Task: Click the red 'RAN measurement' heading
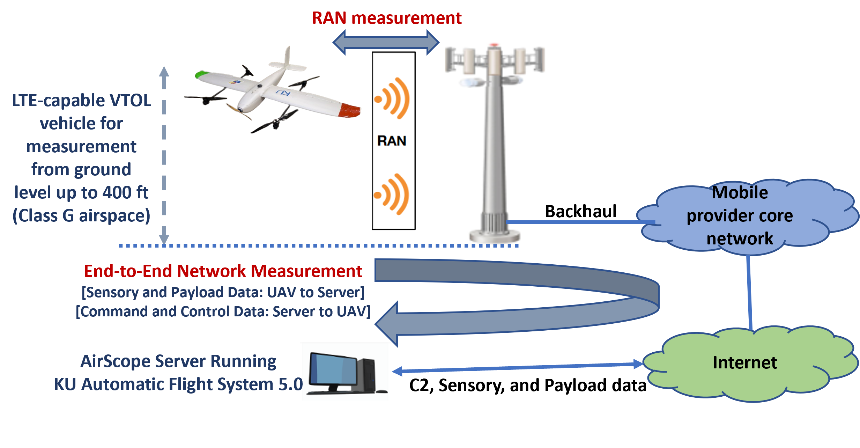pos(386,18)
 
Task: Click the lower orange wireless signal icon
pos(391,194)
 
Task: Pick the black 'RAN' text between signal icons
pos(392,141)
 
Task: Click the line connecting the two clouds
pos(749,293)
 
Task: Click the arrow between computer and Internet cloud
pos(517,368)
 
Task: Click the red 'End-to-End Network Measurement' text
pos(223,271)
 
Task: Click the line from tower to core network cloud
pos(579,222)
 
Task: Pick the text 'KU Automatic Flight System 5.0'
pos(178,384)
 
